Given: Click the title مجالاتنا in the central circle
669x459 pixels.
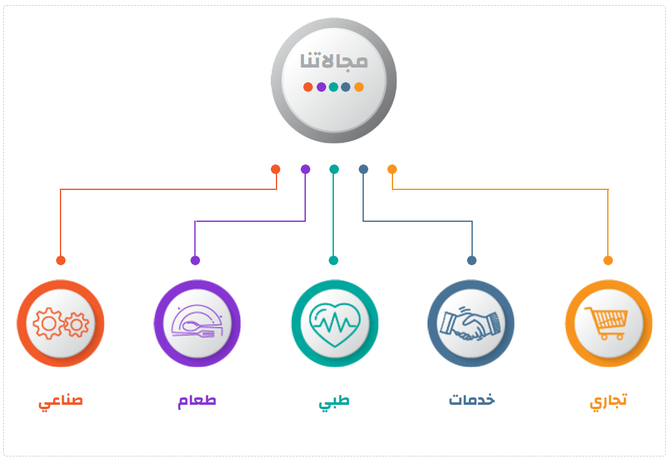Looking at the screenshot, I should [334, 61].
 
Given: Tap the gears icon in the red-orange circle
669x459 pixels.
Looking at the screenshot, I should [61, 323].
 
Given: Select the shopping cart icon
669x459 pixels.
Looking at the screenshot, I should [608, 323].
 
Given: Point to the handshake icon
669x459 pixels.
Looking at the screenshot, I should [471, 323].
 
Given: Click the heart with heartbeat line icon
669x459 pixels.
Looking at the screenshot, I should [334, 323].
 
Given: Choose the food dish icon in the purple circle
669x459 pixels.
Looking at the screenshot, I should [197, 323].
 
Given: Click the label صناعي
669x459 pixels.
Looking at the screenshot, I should [61, 402].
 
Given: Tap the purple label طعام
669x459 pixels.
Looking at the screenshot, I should [197, 401].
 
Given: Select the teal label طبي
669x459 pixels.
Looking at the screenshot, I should [334, 402].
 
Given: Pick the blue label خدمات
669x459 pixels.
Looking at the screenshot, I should [472, 400].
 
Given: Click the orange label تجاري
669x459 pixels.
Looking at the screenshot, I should [608, 402].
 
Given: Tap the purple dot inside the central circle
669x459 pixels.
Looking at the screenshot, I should [321, 87].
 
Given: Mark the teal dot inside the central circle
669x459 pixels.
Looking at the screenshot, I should [333, 87].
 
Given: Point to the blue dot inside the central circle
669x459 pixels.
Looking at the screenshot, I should [345, 87].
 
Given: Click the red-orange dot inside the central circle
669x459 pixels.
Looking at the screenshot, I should [308, 87].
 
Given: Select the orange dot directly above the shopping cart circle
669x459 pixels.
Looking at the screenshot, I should [608, 260].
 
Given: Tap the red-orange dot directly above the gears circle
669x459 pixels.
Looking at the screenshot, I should [61, 260].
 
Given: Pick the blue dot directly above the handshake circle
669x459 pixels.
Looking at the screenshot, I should [471, 260].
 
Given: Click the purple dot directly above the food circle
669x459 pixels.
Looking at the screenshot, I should [195, 260].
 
